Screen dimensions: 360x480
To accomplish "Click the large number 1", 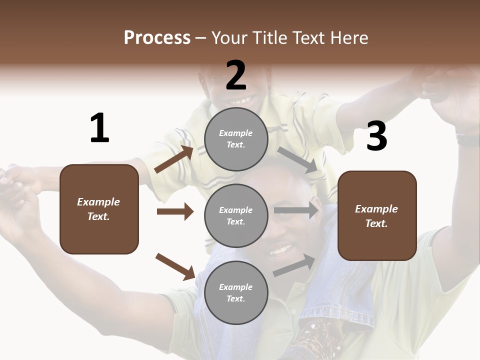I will [x=99, y=128].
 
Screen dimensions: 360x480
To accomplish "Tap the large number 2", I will [x=236, y=75].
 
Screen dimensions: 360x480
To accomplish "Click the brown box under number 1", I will [x=99, y=209].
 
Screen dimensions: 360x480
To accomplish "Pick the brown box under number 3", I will [x=377, y=216].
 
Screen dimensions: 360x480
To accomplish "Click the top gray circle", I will [x=236, y=139].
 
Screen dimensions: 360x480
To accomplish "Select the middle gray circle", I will [x=236, y=216].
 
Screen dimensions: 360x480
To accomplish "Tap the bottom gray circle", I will [x=236, y=293].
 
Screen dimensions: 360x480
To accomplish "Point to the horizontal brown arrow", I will [x=175, y=211].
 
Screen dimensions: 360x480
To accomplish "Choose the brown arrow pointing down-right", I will [x=175, y=266].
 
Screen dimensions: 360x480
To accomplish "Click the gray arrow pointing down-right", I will [x=297, y=160].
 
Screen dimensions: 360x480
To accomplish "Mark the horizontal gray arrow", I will [x=295, y=211].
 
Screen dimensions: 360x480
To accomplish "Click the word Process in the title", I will [x=157, y=37].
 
